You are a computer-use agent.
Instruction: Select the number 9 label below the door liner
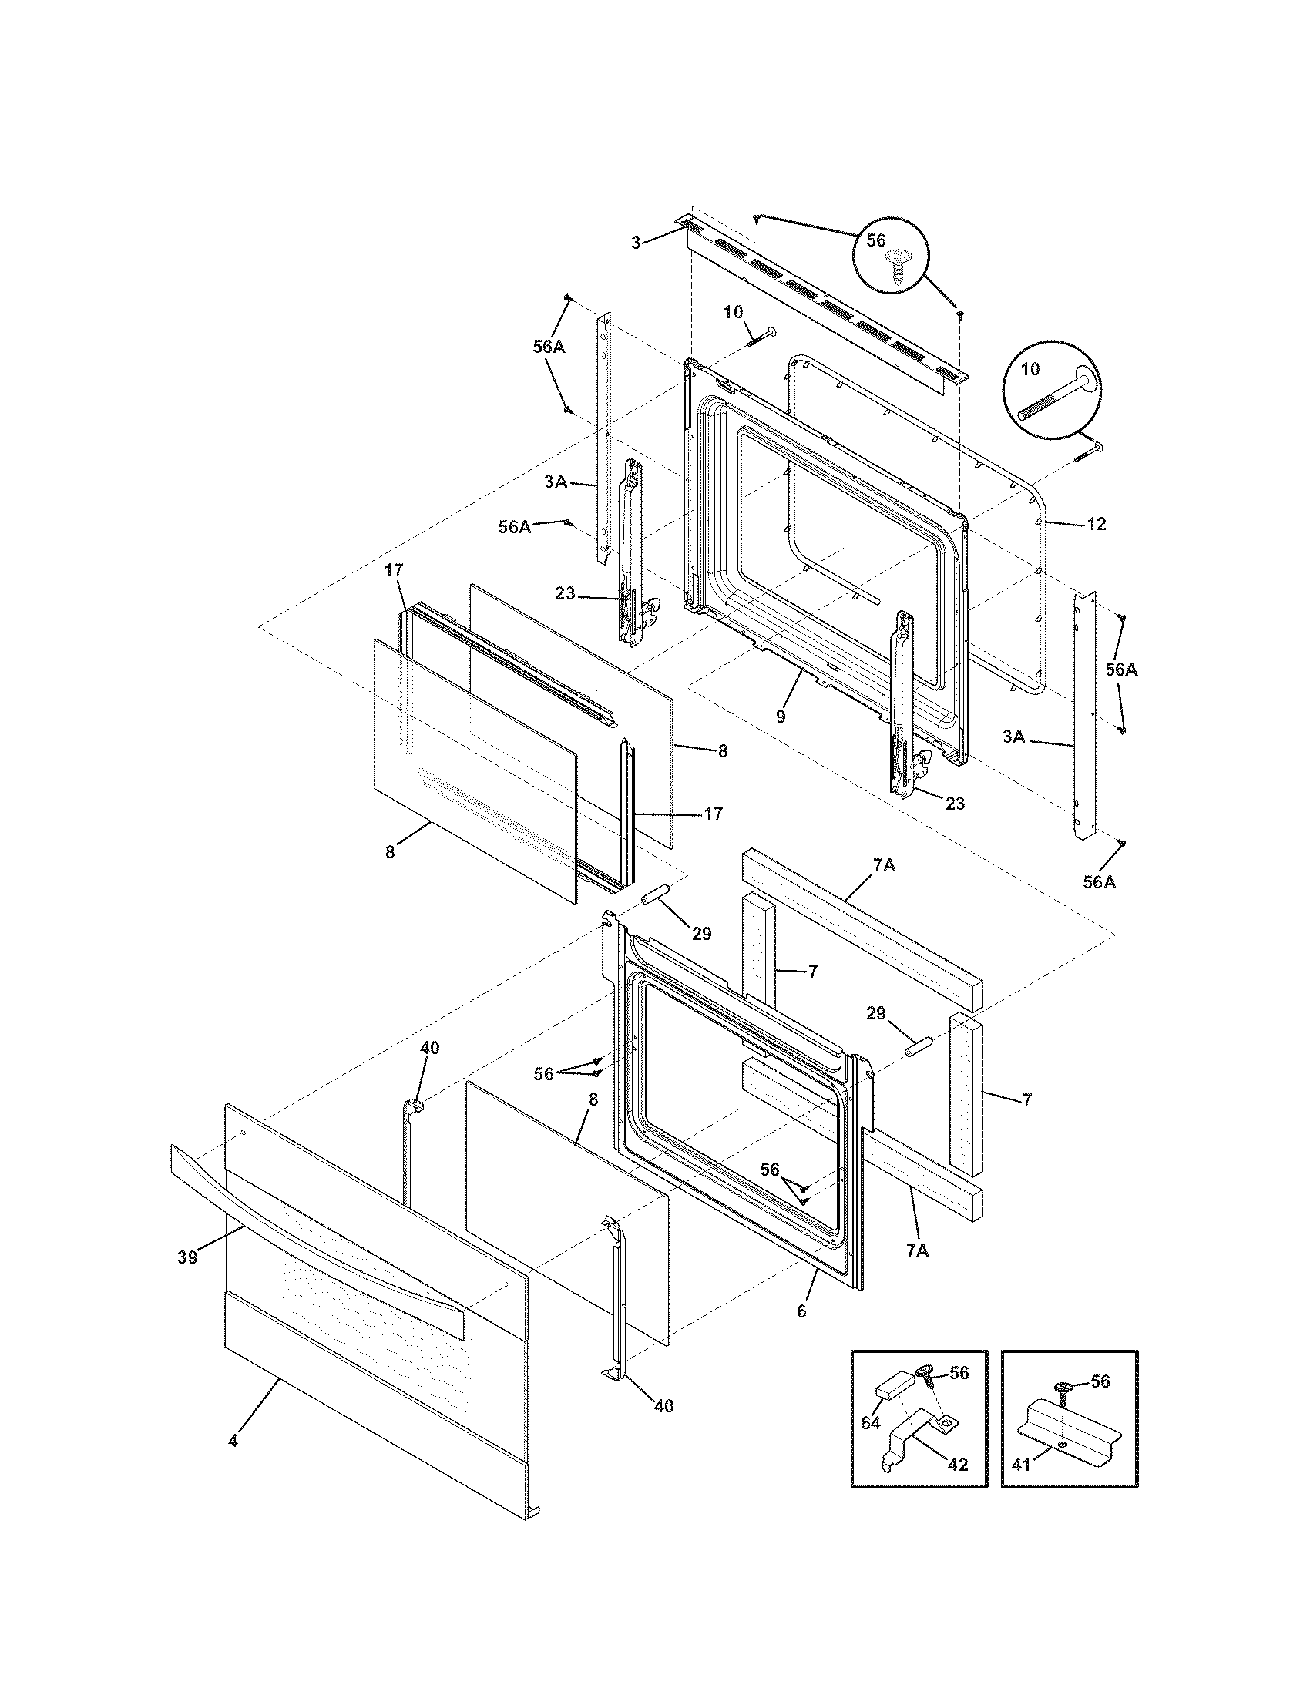click(x=781, y=717)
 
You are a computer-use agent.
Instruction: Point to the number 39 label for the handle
click(x=187, y=1257)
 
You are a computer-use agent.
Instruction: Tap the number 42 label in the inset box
click(x=959, y=1465)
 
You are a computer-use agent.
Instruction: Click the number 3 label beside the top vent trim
click(x=636, y=243)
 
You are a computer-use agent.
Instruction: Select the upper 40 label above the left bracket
click(x=429, y=1049)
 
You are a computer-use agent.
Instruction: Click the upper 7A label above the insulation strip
click(x=884, y=865)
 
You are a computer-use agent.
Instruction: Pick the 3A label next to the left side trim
click(x=555, y=482)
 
